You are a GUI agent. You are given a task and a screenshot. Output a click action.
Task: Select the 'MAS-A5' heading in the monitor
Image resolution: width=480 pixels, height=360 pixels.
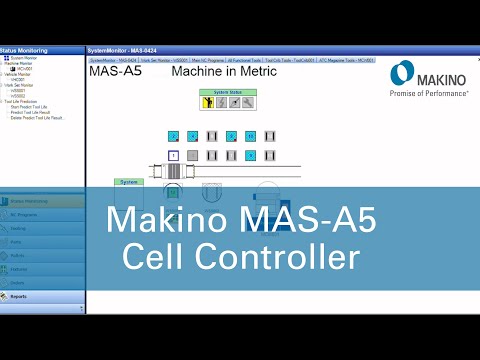tap(115, 72)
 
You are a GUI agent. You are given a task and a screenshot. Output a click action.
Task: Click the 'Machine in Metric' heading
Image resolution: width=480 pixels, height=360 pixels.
tap(220, 72)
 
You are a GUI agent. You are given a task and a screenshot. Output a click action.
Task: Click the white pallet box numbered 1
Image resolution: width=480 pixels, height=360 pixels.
tap(173, 155)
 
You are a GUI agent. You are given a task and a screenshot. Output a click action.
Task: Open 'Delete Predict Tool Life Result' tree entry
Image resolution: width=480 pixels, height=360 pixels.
tap(37, 117)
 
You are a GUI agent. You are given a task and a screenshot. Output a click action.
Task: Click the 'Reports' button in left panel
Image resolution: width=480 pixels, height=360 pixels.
tap(20, 296)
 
